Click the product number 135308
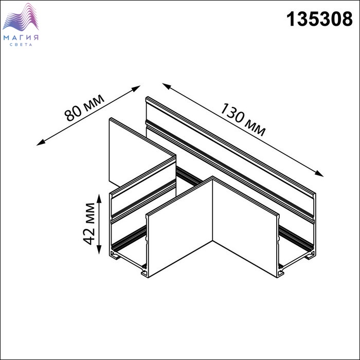coord(319,19)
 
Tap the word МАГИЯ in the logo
coord(21,38)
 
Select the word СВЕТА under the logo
coord(21,45)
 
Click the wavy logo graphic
coord(21,17)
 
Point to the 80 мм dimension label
coord(84,107)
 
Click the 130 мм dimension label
coord(243,120)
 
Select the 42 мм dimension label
coord(89,224)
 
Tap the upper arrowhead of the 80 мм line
coord(136,88)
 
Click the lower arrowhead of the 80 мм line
coord(41,143)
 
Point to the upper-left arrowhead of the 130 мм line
coord(167,86)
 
